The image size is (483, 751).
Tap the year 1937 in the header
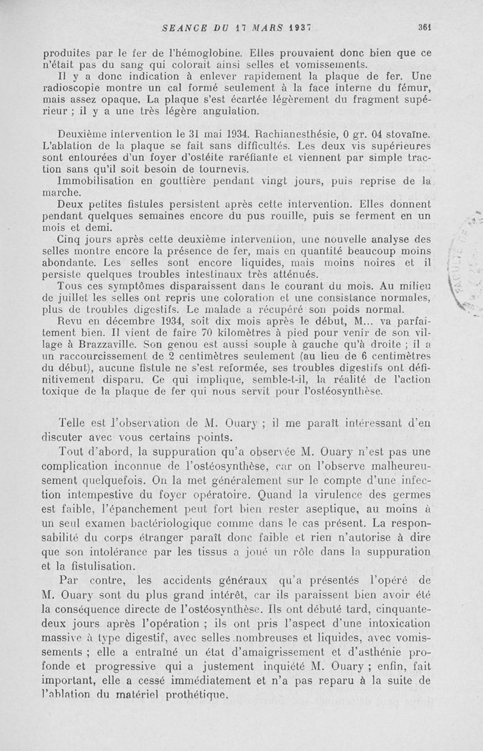pos(298,27)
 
